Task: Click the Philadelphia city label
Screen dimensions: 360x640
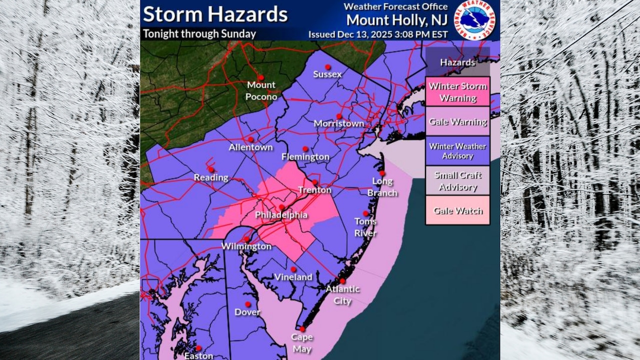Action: point(281,215)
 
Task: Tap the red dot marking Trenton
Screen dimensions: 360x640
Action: point(315,182)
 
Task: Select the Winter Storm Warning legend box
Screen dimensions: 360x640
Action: point(457,91)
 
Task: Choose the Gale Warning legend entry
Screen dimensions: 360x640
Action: point(457,121)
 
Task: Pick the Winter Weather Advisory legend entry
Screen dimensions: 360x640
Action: point(457,151)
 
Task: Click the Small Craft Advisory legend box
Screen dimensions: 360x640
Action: point(457,181)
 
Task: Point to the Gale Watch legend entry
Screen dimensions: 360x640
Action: point(457,210)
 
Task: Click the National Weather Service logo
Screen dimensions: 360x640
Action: point(474,20)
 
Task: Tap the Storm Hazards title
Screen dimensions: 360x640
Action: point(215,14)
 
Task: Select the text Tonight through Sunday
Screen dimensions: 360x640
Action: point(199,34)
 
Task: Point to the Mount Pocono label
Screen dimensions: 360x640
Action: point(261,90)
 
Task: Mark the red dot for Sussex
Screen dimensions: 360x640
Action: point(327,66)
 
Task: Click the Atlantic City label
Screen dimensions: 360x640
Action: point(342,295)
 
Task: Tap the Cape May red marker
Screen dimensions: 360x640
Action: point(302,329)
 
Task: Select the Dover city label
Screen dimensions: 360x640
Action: point(247,312)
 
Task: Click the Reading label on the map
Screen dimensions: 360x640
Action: point(211,177)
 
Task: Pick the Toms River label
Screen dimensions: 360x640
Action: point(365,227)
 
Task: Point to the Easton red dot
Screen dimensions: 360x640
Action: point(198,348)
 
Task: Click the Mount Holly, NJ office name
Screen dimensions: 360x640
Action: point(397,20)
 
